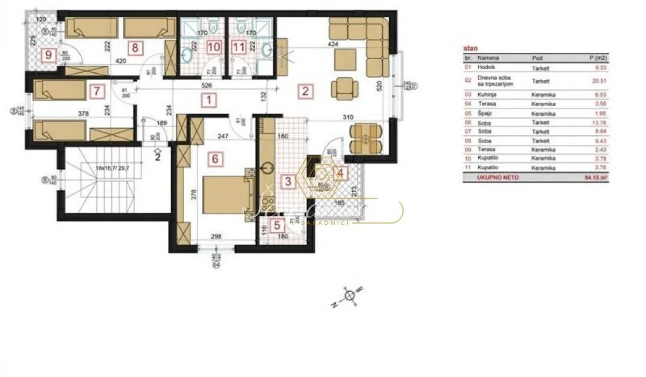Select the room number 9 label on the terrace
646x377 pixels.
click(x=48, y=54)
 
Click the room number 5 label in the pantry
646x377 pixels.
click(x=277, y=226)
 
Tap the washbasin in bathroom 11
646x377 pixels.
click(x=265, y=50)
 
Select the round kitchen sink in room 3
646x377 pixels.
click(x=264, y=168)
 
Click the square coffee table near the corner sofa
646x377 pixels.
click(x=343, y=59)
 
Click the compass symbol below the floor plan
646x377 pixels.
click(x=349, y=296)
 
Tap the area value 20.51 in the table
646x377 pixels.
click(x=599, y=81)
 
